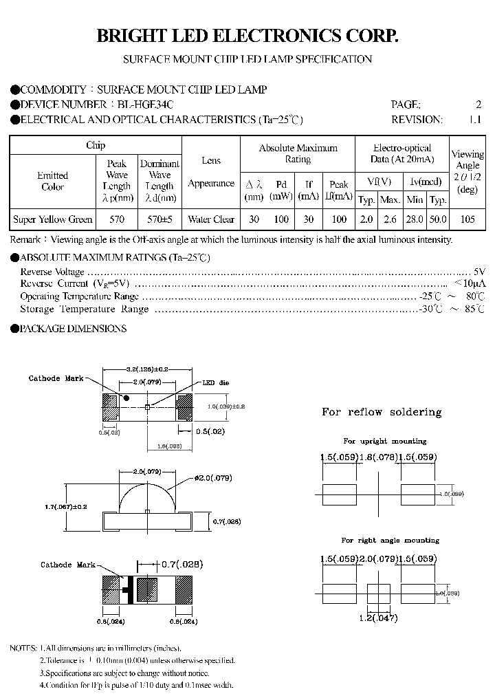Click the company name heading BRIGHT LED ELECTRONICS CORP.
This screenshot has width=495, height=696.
(247, 36)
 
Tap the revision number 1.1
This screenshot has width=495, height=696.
(475, 120)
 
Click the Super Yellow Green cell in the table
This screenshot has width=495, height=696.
(53, 219)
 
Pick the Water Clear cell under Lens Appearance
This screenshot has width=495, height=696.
(211, 219)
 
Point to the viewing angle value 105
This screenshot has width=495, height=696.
(467, 219)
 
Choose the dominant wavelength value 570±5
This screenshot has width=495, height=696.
(159, 219)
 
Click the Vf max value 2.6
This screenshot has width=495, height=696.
(390, 219)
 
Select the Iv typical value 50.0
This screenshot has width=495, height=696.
(437, 219)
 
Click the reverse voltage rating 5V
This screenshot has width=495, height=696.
(479, 272)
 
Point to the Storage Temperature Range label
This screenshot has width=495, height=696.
(84, 309)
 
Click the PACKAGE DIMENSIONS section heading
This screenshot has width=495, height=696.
(73, 329)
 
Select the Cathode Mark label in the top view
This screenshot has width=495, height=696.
(56, 379)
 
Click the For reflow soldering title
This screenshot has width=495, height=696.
(382, 412)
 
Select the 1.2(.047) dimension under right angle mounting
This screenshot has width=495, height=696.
(379, 618)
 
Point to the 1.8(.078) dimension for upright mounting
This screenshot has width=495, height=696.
(379, 457)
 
